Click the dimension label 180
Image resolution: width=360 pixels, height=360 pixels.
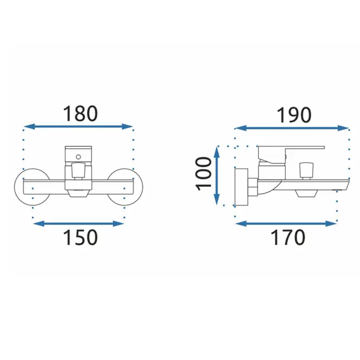tap(80, 114)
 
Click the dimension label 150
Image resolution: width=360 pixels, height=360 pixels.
tap(80, 237)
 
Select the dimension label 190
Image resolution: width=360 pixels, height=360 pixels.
tap(294, 115)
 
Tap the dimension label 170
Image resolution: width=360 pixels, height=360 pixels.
tap(288, 237)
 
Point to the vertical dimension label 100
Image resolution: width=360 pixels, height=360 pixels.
tap(203, 174)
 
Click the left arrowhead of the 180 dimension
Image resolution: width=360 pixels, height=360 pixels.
tap(29, 126)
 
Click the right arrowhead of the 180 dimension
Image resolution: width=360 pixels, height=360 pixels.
tap(127, 126)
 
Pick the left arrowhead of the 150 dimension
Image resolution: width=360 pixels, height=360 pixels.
tap(39, 224)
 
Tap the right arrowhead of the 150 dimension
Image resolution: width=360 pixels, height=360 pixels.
tap(118, 224)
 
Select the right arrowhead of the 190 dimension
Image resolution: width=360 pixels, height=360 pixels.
tap(343, 128)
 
